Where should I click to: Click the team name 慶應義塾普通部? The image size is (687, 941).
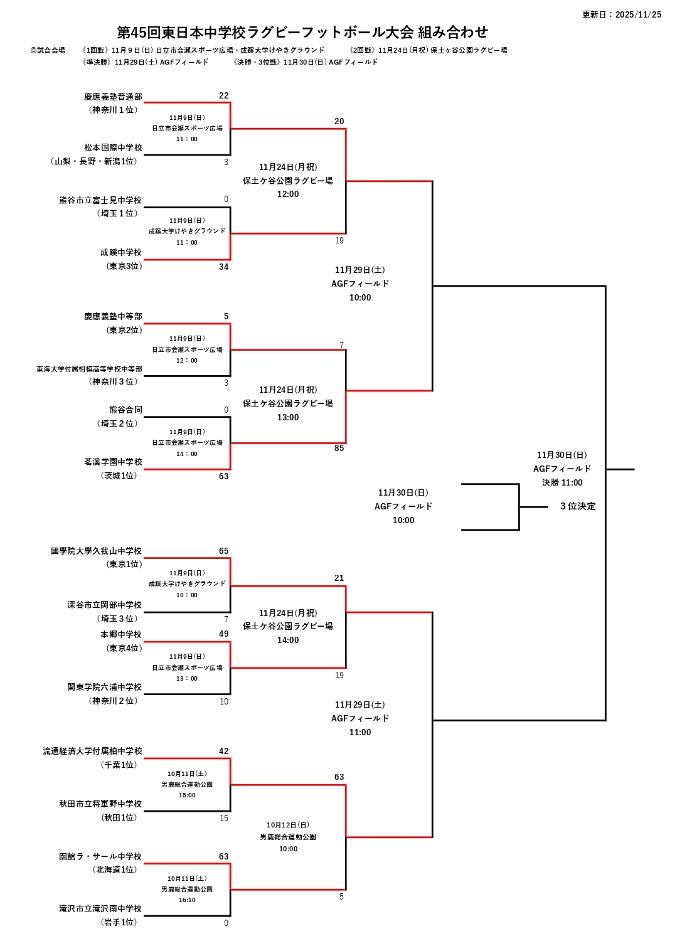113,97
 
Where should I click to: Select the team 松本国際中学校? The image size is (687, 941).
113,147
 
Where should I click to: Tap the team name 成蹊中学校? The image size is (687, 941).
121,252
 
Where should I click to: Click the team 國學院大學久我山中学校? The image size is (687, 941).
96,551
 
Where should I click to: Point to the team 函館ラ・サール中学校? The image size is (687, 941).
100,856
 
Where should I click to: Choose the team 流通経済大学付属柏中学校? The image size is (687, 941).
92,751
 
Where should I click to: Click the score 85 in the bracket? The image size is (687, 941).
339,449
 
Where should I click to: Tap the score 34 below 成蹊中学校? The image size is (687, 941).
223,267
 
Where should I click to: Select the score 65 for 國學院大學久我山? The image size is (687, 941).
223,551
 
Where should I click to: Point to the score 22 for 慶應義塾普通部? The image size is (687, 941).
223,95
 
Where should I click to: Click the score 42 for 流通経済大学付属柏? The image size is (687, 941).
223,751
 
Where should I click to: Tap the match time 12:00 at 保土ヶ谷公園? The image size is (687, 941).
288,194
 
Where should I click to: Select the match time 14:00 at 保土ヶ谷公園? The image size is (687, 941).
288,641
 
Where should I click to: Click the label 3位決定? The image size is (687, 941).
578,506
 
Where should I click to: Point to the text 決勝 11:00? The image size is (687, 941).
562,482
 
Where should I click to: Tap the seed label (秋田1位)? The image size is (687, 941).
119,817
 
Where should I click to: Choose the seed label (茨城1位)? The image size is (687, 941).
119,476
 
